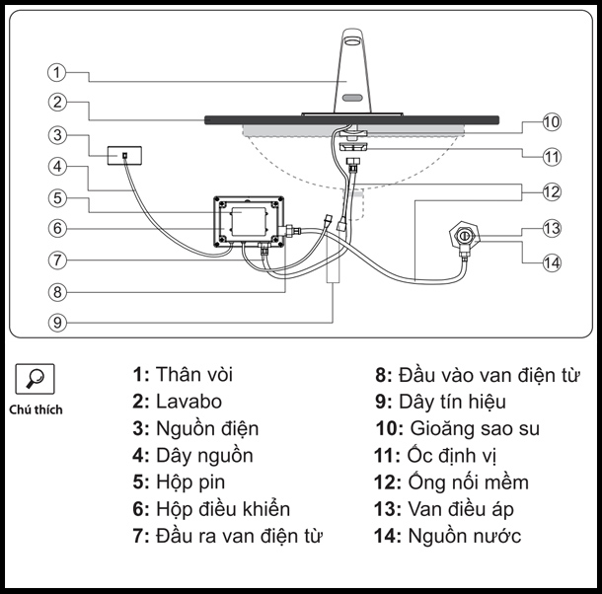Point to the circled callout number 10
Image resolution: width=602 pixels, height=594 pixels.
point(551,122)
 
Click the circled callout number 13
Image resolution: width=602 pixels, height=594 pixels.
point(551,228)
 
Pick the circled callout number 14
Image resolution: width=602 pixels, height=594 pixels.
point(551,260)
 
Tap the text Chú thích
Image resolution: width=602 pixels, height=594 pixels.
point(37,409)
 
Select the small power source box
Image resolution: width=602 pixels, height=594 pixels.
point(125,156)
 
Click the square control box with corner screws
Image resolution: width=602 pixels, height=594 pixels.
point(249,222)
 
